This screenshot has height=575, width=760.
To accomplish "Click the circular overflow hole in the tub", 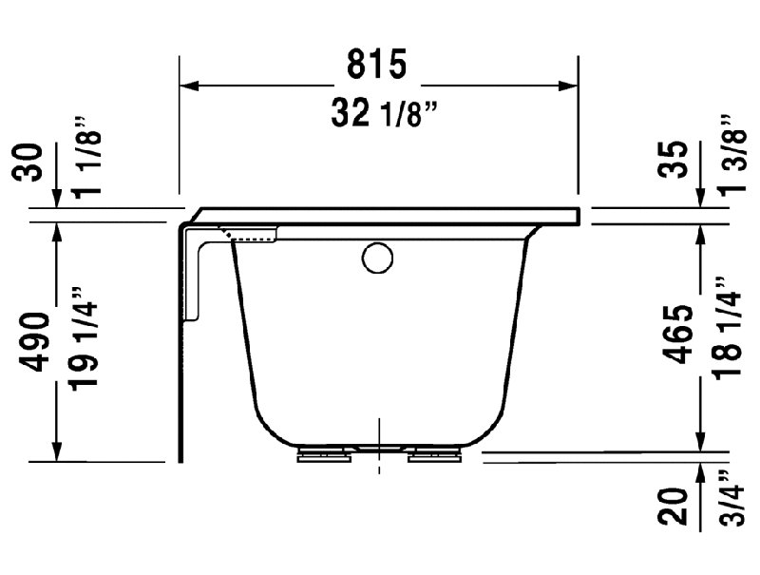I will [x=376, y=258].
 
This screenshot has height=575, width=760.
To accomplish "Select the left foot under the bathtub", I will [x=323, y=454].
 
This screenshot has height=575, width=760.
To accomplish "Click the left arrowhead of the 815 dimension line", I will [x=189, y=86].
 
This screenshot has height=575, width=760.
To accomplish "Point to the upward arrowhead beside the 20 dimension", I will [x=700, y=470].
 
